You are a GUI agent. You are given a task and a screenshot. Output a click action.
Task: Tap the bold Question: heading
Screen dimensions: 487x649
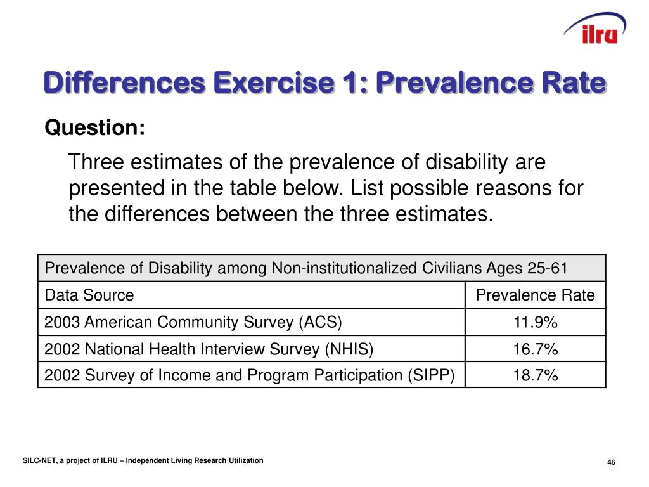[x=95, y=128]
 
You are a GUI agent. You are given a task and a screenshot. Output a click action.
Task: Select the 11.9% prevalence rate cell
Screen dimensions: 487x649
[x=535, y=323]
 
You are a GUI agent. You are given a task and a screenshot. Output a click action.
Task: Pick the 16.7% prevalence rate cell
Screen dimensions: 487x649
[x=535, y=349]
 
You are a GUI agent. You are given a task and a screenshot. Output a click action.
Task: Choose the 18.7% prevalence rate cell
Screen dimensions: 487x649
[x=535, y=376]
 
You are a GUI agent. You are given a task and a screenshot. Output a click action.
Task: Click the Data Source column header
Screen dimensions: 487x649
[x=89, y=295]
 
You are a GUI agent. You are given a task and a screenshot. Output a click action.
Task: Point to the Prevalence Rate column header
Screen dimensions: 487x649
[x=535, y=295]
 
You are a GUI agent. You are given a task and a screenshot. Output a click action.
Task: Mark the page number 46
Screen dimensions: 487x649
[x=611, y=462]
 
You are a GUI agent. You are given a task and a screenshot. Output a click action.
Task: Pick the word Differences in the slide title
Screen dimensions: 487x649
[x=124, y=84]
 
